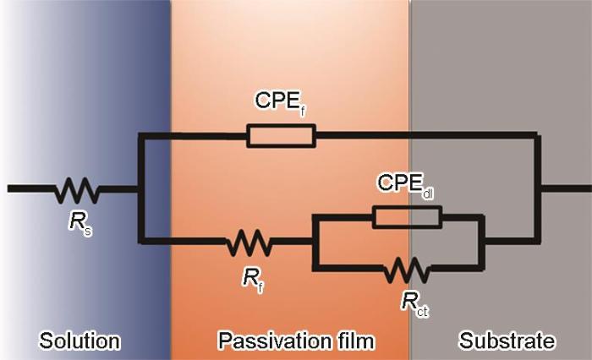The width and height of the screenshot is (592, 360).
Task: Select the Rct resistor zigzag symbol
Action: (407, 270)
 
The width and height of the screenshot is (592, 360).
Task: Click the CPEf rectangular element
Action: (281, 135)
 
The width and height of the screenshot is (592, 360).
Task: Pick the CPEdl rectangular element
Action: (407, 217)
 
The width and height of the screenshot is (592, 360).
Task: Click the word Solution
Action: (79, 341)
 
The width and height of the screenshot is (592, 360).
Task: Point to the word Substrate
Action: (507, 341)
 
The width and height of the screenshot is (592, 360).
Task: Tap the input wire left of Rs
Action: (30, 188)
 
